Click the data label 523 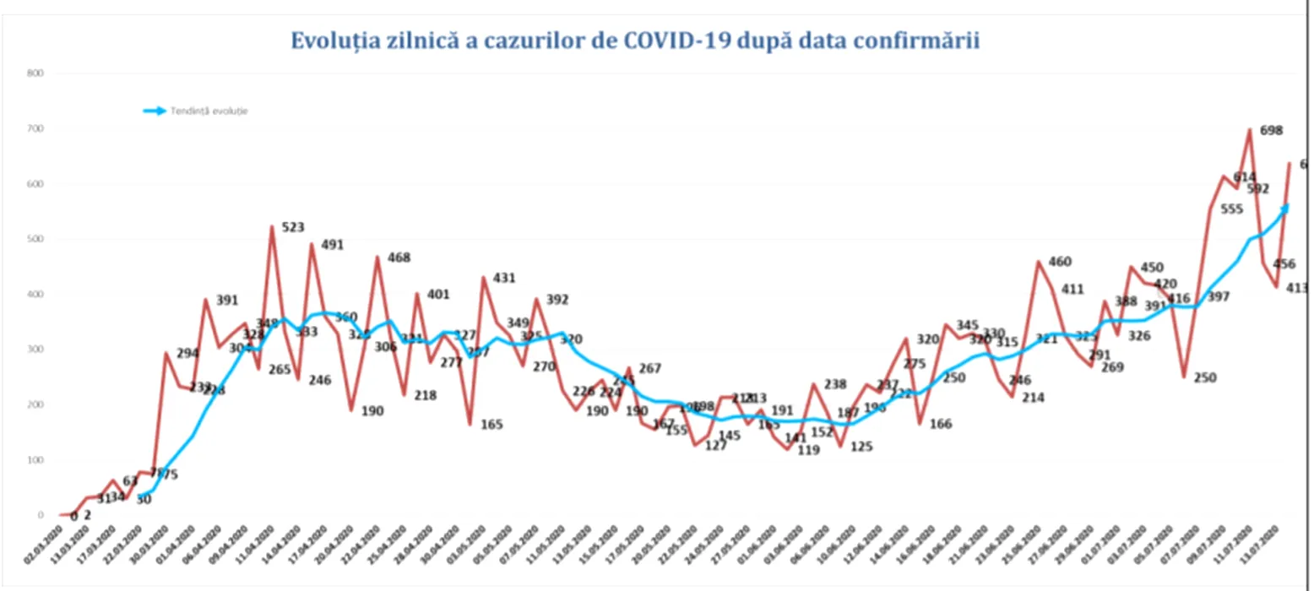[x=292, y=227]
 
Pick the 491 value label [x=333, y=246]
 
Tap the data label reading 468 [x=399, y=258]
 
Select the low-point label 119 [x=808, y=450]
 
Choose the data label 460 [x=1059, y=262]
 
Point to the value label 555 [x=1231, y=209]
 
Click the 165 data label [x=491, y=424]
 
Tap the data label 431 [x=504, y=278]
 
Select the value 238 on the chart [x=834, y=384]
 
